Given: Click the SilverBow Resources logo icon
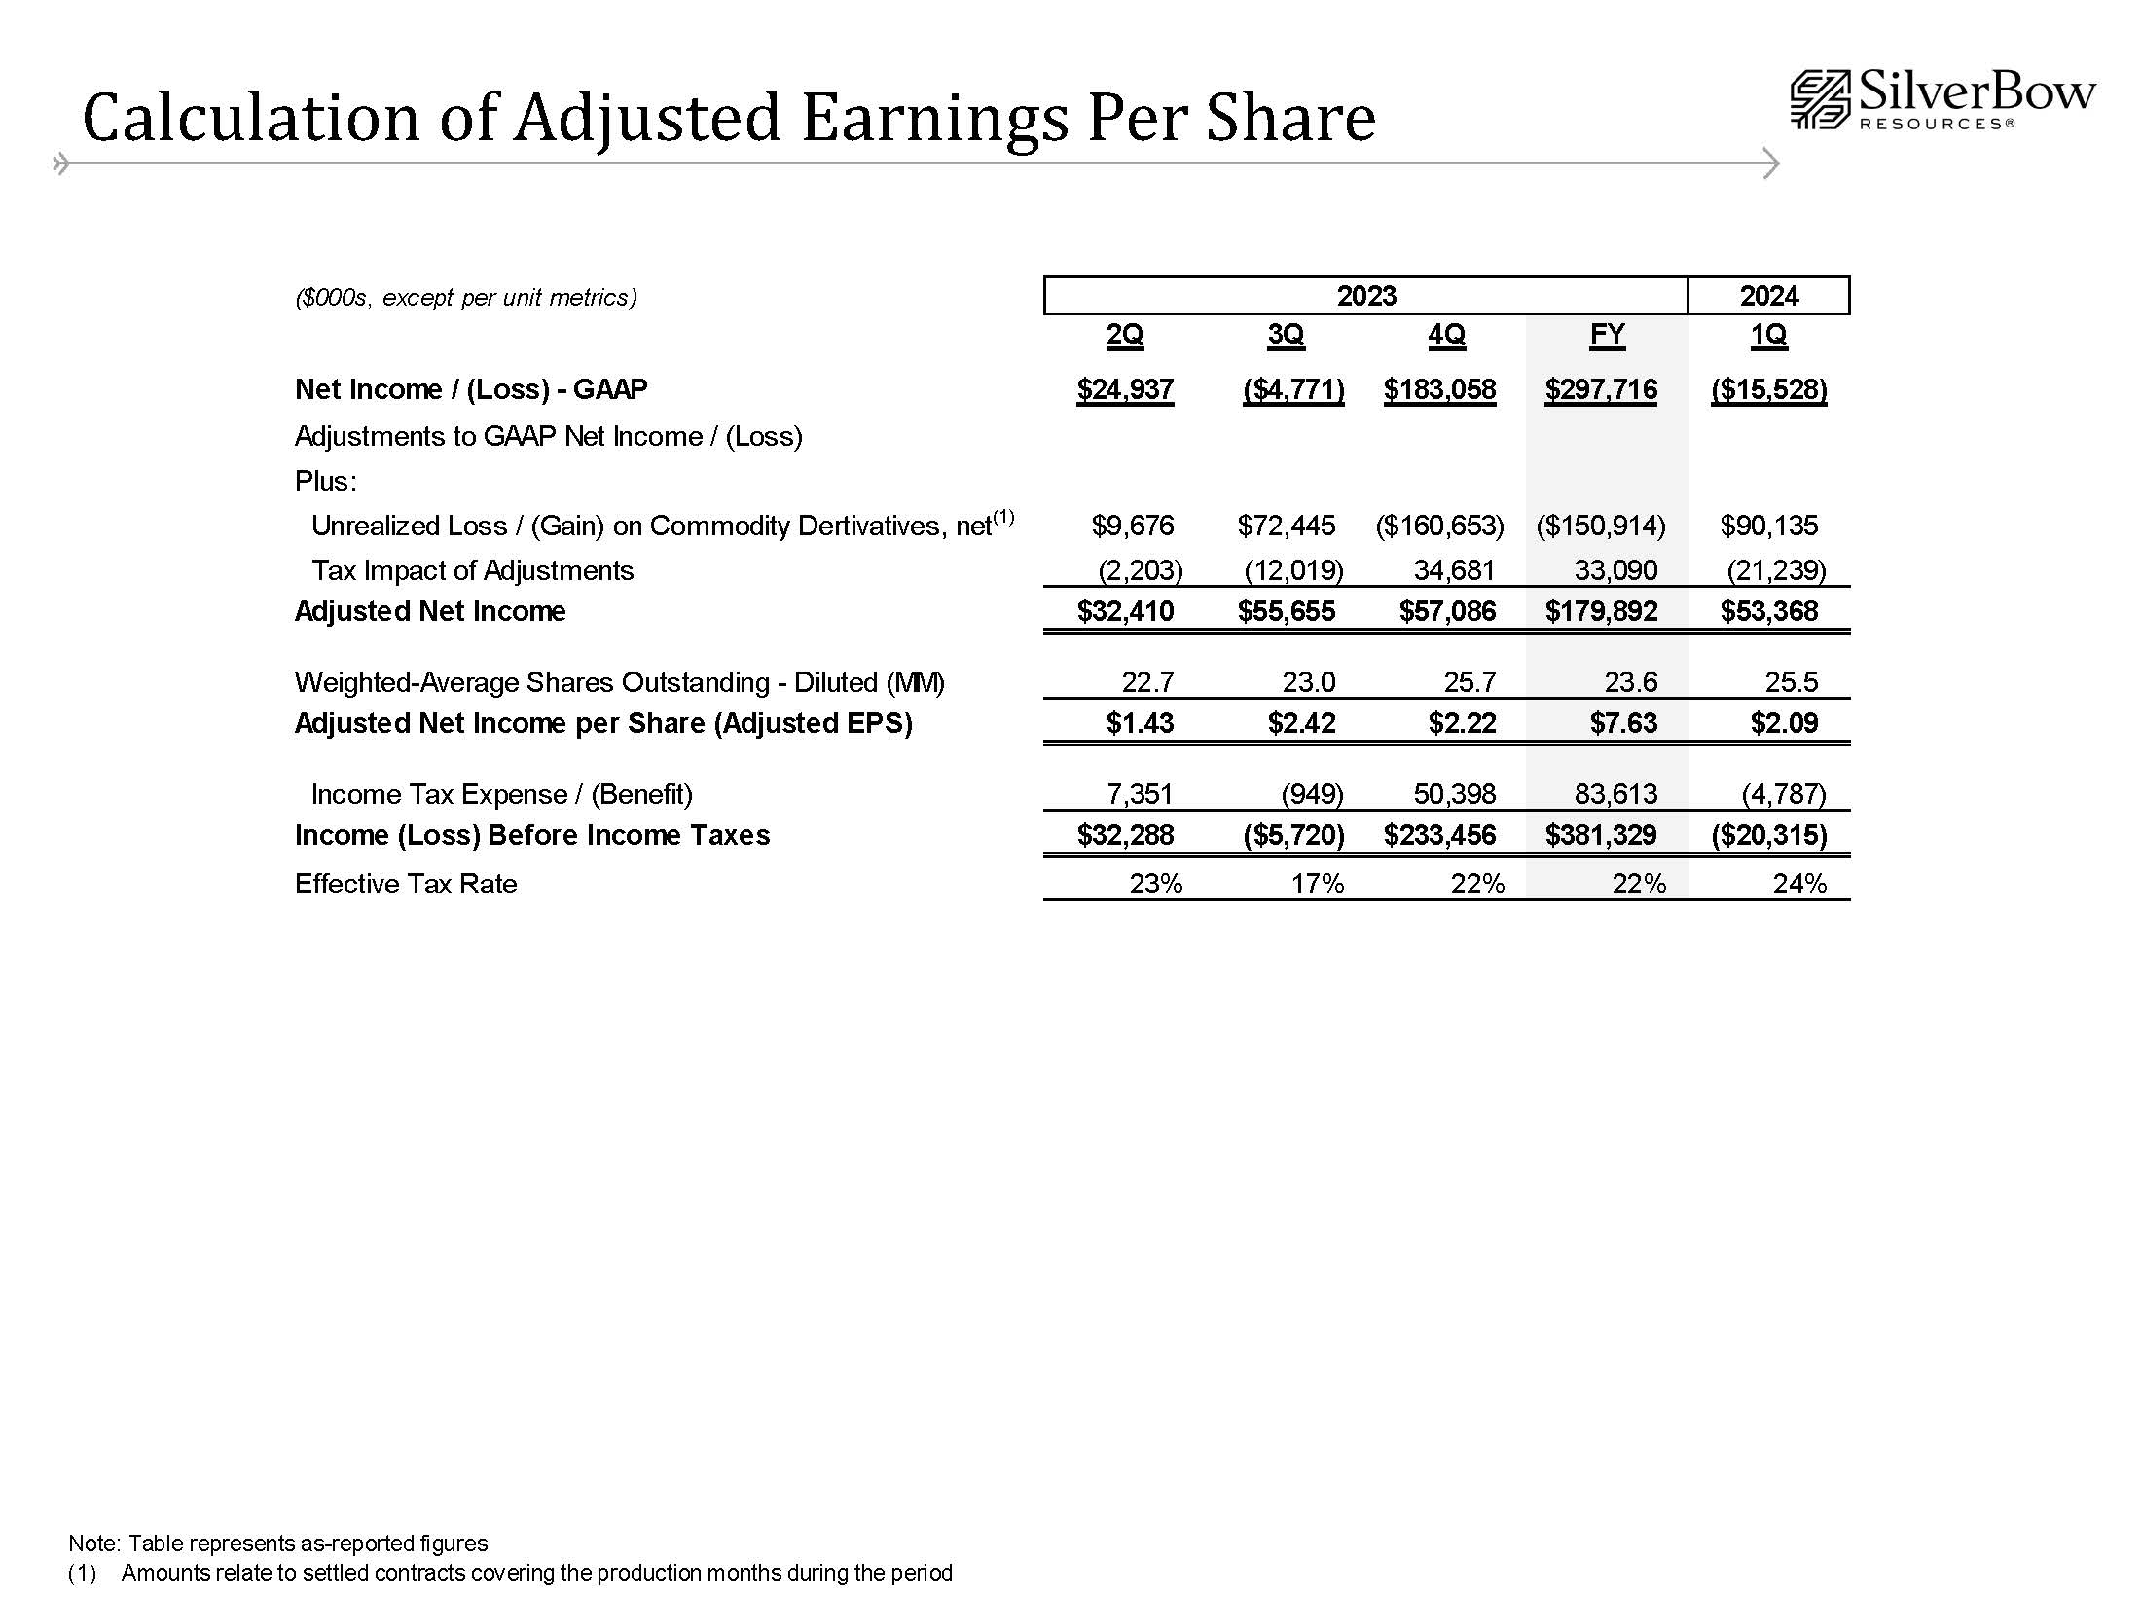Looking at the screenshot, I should pos(1820,99).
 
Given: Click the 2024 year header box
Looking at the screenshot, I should pos(1768,296).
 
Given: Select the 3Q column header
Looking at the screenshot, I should pos(1286,335).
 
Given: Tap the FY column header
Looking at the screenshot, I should pos(1607,335).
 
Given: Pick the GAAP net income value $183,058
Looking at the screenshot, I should pos(1439,390).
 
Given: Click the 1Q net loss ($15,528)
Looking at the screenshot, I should pos(1768,390).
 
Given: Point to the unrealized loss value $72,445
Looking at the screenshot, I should pos(1286,527).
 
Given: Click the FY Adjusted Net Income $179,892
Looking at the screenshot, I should pos(1601,611).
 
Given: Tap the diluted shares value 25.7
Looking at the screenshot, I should pos(1470,682).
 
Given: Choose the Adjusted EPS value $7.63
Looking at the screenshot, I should pos(1623,723).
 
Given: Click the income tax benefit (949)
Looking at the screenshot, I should pos(1312,794).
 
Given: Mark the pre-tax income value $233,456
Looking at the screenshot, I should pos(1439,835).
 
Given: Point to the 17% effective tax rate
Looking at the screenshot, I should pos(1317,884).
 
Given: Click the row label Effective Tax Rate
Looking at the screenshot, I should pos(406,884).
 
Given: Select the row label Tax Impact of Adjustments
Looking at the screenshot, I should pos(472,570).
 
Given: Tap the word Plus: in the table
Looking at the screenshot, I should pos(325,481).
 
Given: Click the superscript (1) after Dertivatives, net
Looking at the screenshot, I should pos(1003,518).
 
